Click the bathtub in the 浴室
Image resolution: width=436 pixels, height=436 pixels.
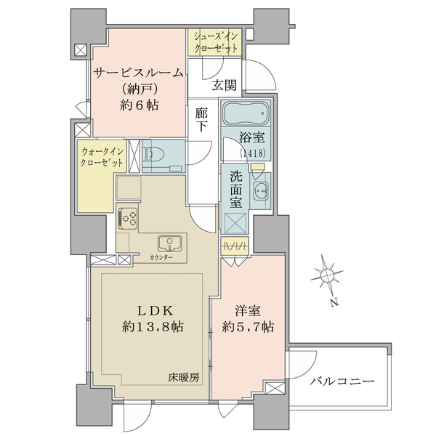pyautogui.click(x=246, y=113)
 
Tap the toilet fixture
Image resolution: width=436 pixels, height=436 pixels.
pyautogui.click(x=153, y=154)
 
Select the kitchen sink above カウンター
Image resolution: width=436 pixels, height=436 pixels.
pyautogui.click(x=170, y=243)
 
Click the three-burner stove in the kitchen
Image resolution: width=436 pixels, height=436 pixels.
pyautogui.click(x=128, y=218)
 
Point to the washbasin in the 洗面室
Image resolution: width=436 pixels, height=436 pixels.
pyautogui.click(x=261, y=190)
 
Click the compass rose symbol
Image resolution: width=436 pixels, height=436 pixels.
pyautogui.click(x=326, y=276)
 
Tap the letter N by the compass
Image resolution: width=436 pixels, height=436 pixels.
pyautogui.click(x=334, y=302)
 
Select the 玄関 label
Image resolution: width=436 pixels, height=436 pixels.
pyautogui.click(x=224, y=85)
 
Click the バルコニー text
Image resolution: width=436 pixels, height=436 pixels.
pyautogui.click(x=342, y=381)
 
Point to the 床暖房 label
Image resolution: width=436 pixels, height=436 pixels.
pyautogui.click(x=184, y=377)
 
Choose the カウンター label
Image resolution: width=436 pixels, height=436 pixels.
pyautogui.click(x=161, y=258)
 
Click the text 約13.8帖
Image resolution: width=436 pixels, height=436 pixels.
pyautogui.click(x=153, y=327)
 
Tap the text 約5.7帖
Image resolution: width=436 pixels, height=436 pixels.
pyautogui.click(x=248, y=327)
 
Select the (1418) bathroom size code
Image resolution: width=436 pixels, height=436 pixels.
pyautogui.click(x=251, y=153)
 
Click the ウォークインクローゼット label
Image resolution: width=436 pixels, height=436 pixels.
pyautogui.click(x=102, y=157)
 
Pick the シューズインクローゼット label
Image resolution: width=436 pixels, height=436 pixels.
pyautogui.click(x=216, y=43)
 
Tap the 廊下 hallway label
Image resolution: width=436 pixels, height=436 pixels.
pyautogui.click(x=201, y=120)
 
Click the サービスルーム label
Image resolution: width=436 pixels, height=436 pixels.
pyautogui.click(x=139, y=73)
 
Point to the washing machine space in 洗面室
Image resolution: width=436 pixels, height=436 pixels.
pyautogui.click(x=235, y=223)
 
